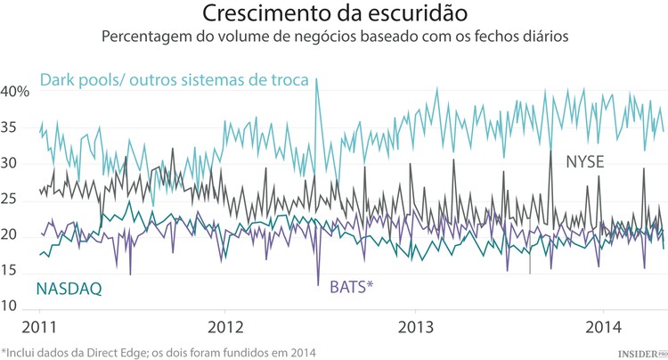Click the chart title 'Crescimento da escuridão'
334,15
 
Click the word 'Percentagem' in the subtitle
143,38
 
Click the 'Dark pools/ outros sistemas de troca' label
174,80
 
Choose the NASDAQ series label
69,288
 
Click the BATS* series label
351,287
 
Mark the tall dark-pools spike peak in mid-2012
316,79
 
